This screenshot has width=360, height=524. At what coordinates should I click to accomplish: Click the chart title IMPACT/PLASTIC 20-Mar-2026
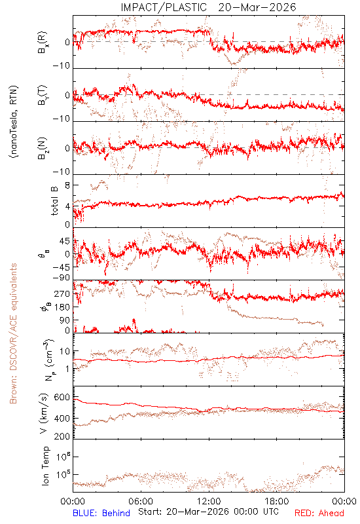click(208, 7)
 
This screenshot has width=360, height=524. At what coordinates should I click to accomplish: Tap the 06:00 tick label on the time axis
click(141, 502)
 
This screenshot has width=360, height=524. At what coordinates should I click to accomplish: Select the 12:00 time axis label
click(209, 502)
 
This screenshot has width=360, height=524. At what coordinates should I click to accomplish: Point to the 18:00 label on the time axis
click(277, 502)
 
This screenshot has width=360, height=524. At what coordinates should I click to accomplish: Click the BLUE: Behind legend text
click(101, 514)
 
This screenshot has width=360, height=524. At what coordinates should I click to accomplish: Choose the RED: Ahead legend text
click(319, 514)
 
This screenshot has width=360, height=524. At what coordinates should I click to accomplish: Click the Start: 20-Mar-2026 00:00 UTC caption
click(208, 512)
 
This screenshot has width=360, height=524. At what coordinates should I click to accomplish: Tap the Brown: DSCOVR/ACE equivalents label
click(13, 333)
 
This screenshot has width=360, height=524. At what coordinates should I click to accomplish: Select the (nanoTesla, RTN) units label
click(14, 122)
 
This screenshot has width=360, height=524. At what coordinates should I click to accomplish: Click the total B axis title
click(54, 201)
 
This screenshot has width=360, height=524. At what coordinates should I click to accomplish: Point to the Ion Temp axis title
click(45, 466)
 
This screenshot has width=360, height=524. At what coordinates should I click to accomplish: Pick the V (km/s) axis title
click(45, 413)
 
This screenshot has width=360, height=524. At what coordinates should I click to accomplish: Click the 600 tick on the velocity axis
click(62, 398)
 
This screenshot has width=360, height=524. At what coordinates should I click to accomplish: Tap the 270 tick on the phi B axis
click(62, 293)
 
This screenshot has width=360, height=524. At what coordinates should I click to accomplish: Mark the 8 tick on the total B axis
click(67, 185)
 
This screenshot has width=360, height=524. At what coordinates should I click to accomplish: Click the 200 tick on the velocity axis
click(62, 436)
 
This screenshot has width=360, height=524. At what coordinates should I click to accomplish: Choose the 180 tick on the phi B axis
click(62, 307)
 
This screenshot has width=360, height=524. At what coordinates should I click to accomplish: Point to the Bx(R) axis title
click(43, 43)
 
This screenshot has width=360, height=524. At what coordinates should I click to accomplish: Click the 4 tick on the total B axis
click(67, 206)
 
